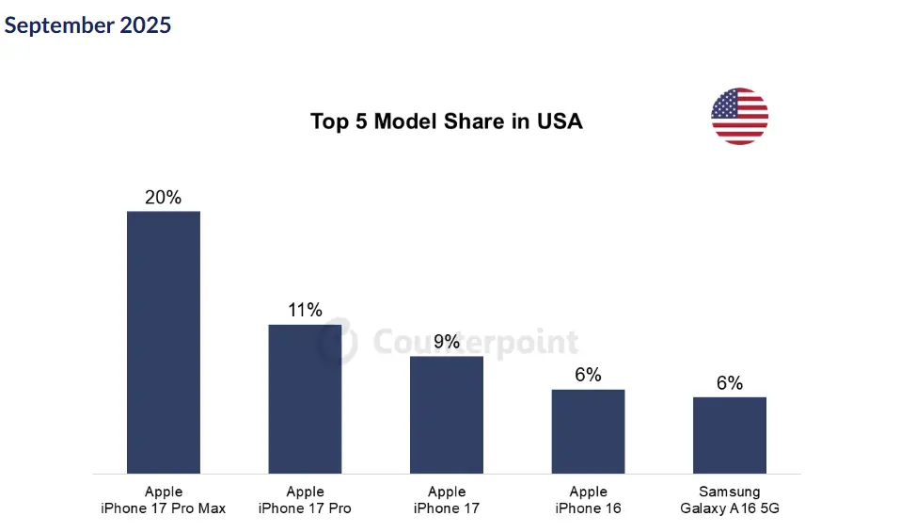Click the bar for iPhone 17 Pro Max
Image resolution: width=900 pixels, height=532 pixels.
tap(164, 342)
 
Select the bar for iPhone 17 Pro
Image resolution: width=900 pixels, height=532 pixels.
tap(305, 398)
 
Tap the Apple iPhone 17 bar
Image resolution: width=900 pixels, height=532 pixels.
tap(447, 414)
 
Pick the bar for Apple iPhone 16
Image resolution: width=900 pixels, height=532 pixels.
tap(588, 431)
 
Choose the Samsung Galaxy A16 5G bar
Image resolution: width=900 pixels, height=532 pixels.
tap(730, 435)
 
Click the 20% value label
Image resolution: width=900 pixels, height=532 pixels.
tap(163, 198)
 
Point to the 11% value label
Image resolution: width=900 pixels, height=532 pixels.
tap(305, 311)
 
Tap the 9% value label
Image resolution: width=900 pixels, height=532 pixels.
tap(447, 342)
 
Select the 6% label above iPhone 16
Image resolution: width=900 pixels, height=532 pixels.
tap(588, 375)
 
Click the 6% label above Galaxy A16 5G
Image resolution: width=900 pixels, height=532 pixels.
tap(730, 383)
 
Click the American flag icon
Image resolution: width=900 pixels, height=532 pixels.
tap(739, 116)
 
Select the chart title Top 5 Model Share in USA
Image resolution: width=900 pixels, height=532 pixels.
tap(446, 121)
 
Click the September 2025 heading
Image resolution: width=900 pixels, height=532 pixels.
tap(87, 25)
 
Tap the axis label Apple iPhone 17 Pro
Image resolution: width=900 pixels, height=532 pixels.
tap(305, 500)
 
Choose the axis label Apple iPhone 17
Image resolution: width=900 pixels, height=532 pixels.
tap(447, 500)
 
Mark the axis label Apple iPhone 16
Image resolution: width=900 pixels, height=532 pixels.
tap(588, 500)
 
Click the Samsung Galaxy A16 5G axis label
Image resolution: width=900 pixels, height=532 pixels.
tap(730, 500)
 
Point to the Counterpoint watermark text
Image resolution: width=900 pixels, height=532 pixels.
tap(475, 342)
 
